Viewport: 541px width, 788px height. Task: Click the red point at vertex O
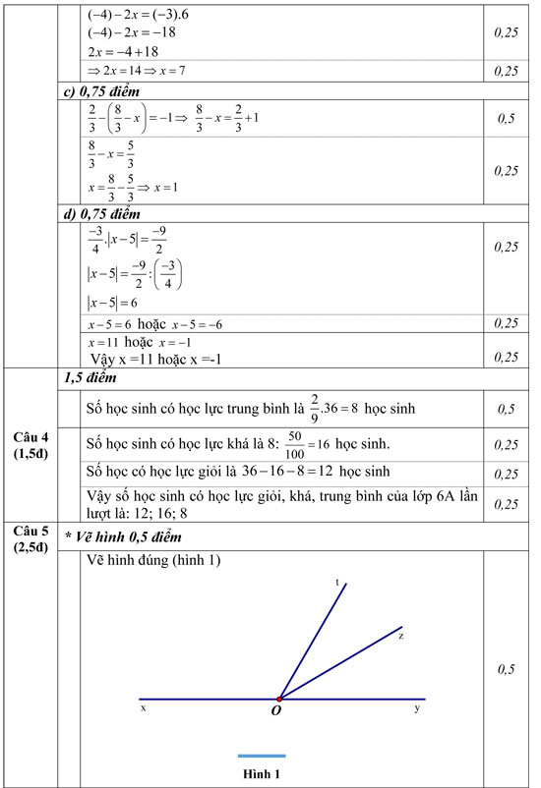pyautogui.click(x=280, y=699)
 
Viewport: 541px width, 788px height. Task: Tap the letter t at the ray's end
pyautogui.click(x=338, y=582)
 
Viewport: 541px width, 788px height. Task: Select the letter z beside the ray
pyautogui.click(x=401, y=636)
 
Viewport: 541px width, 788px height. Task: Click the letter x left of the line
pyautogui.click(x=144, y=707)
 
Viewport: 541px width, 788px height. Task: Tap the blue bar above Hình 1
pyautogui.click(x=262, y=756)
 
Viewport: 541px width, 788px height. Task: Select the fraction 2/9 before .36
pyautogui.click(x=313, y=405)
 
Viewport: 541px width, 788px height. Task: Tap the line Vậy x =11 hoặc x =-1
pyautogui.click(x=155, y=359)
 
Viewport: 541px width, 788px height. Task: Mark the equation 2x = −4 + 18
pyautogui.click(x=123, y=51)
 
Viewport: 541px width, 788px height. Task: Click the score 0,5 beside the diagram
pyautogui.click(x=507, y=669)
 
